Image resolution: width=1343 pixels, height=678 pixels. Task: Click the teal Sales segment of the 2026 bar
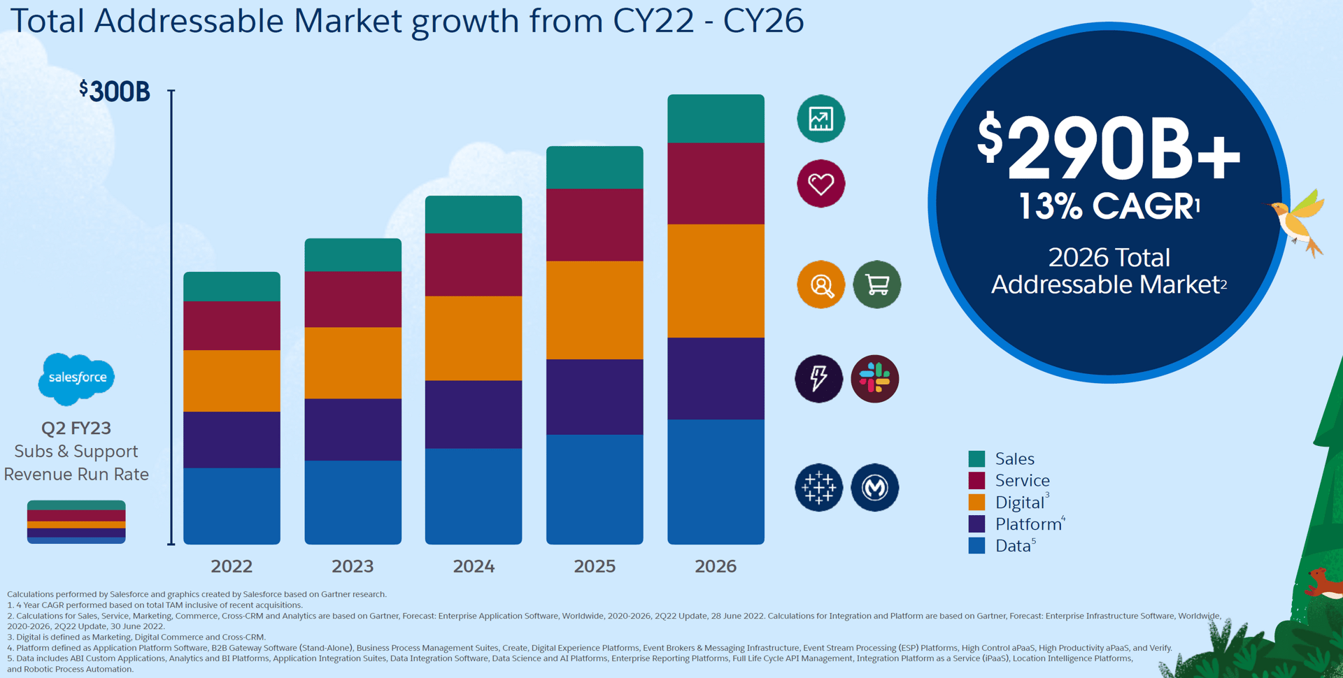tap(716, 119)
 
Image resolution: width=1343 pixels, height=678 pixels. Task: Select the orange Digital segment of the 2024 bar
tap(474, 338)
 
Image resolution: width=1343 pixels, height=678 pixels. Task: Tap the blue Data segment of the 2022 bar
tap(232, 506)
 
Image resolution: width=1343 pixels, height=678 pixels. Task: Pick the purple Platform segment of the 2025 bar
tap(595, 397)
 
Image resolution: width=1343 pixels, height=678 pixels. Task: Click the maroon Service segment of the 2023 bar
tap(353, 299)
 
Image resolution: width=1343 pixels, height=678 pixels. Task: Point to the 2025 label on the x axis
tap(595, 566)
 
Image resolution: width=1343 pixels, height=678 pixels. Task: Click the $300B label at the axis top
tap(115, 92)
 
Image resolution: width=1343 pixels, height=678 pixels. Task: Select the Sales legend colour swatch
tap(976, 459)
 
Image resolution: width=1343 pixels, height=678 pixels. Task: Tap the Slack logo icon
tap(874, 379)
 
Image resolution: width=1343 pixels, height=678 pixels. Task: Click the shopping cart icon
tap(876, 284)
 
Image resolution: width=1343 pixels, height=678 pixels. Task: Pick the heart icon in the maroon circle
tap(821, 184)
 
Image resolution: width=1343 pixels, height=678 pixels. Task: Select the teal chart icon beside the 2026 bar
tap(821, 119)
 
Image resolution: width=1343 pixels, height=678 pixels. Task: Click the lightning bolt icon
tap(818, 379)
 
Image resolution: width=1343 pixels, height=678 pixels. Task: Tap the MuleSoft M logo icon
tap(874, 487)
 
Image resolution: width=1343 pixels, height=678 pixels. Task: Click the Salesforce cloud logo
tap(76, 379)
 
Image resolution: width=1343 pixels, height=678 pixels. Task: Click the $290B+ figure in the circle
tap(1109, 148)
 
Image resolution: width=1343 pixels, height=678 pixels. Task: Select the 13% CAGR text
tap(1109, 207)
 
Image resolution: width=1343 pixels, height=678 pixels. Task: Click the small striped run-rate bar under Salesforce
tap(76, 522)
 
